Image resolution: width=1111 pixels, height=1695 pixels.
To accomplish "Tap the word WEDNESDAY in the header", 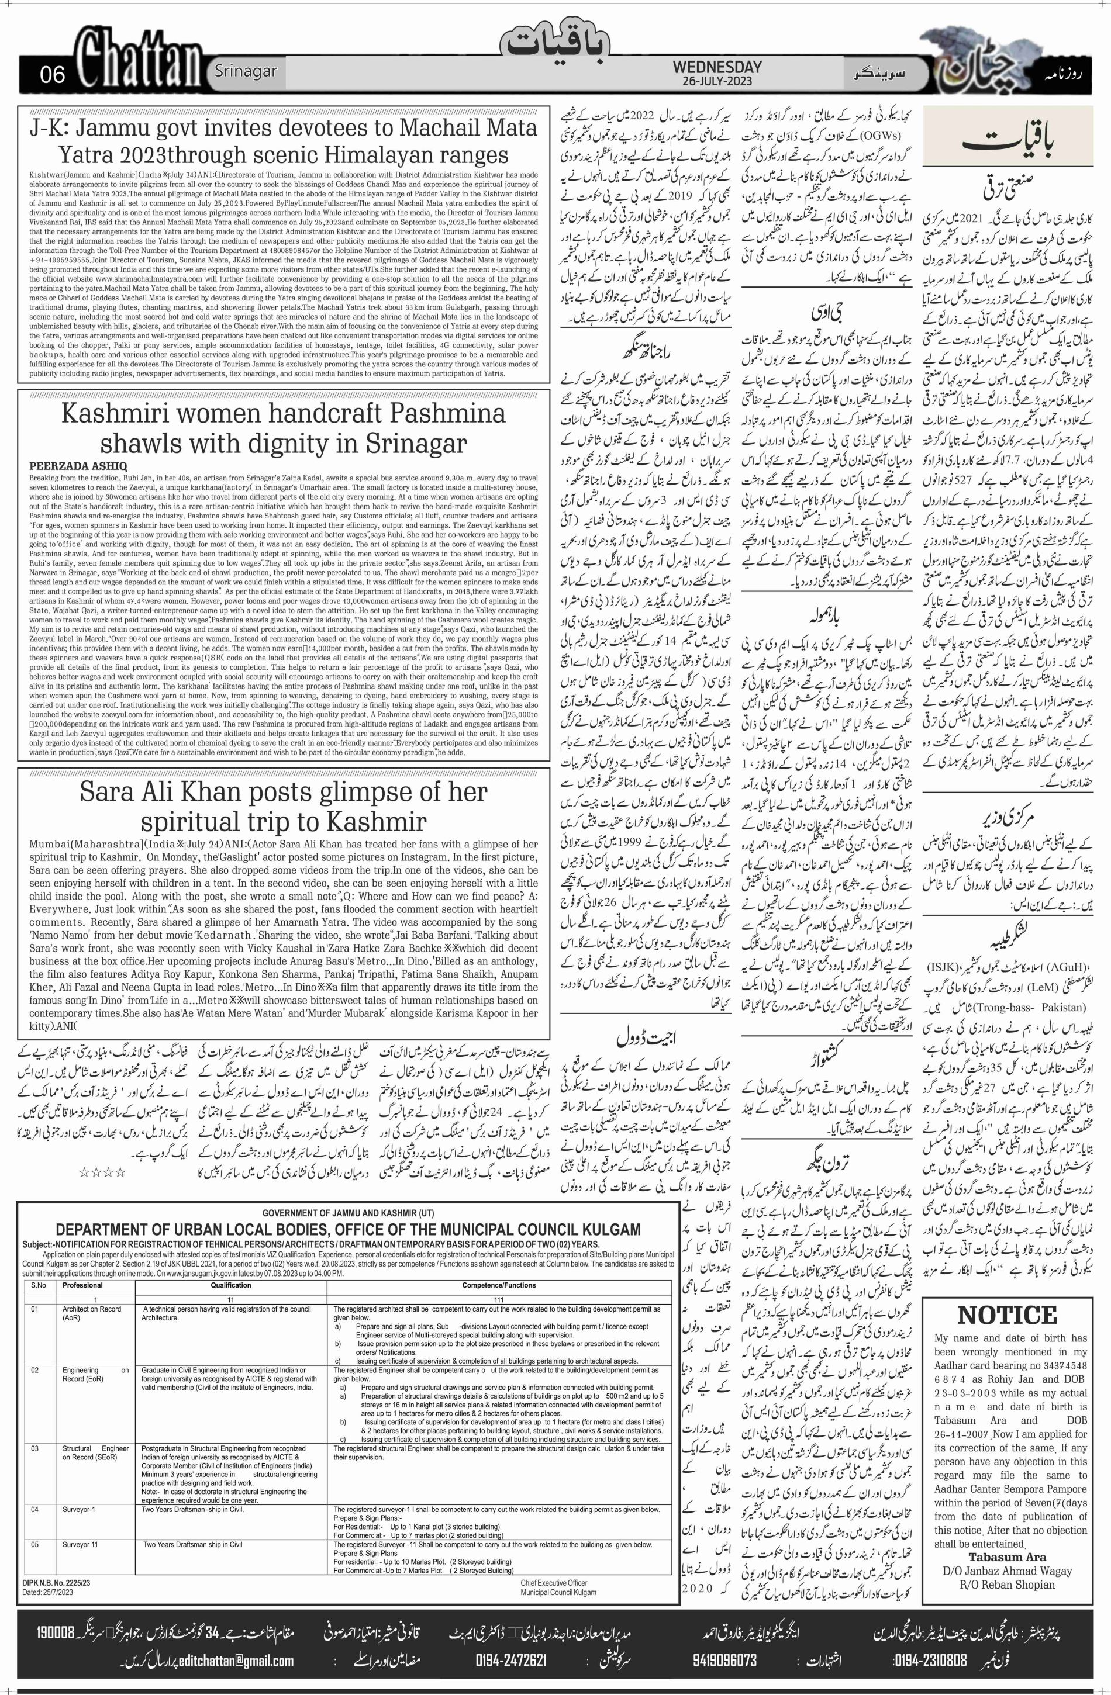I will click(717, 67).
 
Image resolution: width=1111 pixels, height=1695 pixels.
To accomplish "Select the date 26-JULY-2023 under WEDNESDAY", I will click(717, 81).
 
